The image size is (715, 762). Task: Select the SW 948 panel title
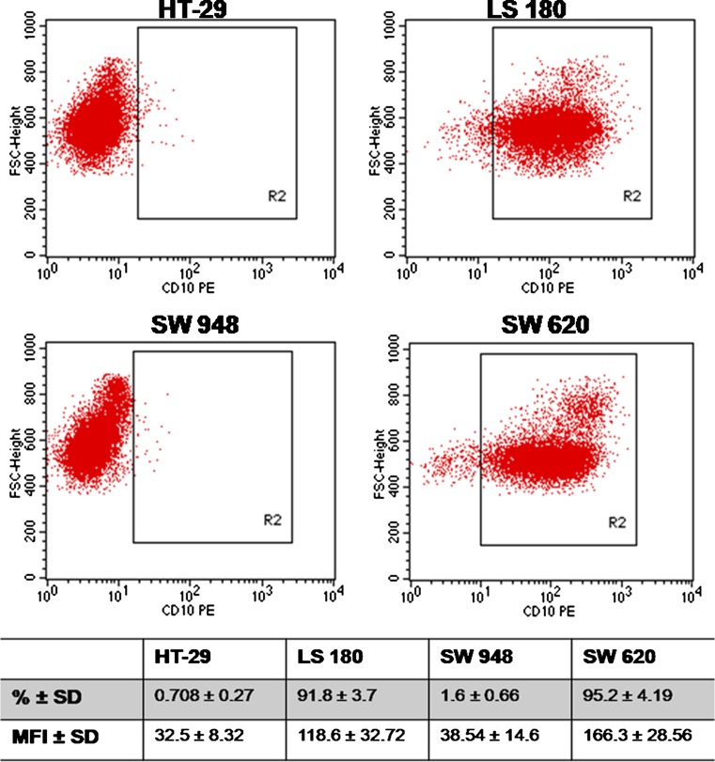pyautogui.click(x=191, y=334)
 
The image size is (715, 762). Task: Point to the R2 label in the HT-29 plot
pyautogui.click(x=277, y=197)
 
